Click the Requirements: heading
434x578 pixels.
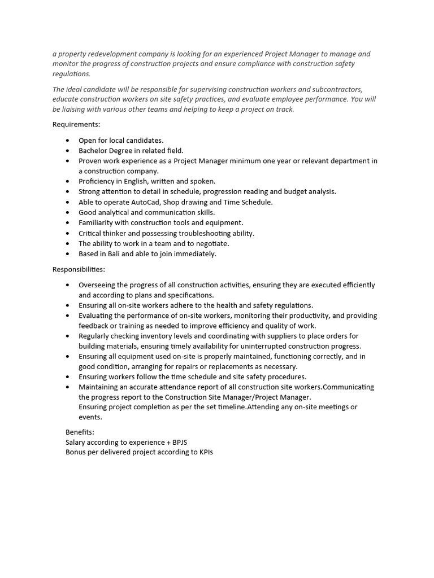point(76,124)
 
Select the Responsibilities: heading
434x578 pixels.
point(79,269)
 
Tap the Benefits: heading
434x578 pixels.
point(80,432)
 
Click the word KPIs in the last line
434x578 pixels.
point(206,452)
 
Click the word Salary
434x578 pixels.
point(76,442)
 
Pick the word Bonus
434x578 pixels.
point(76,452)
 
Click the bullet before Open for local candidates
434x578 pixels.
point(68,140)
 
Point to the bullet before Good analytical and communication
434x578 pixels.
point(68,212)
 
